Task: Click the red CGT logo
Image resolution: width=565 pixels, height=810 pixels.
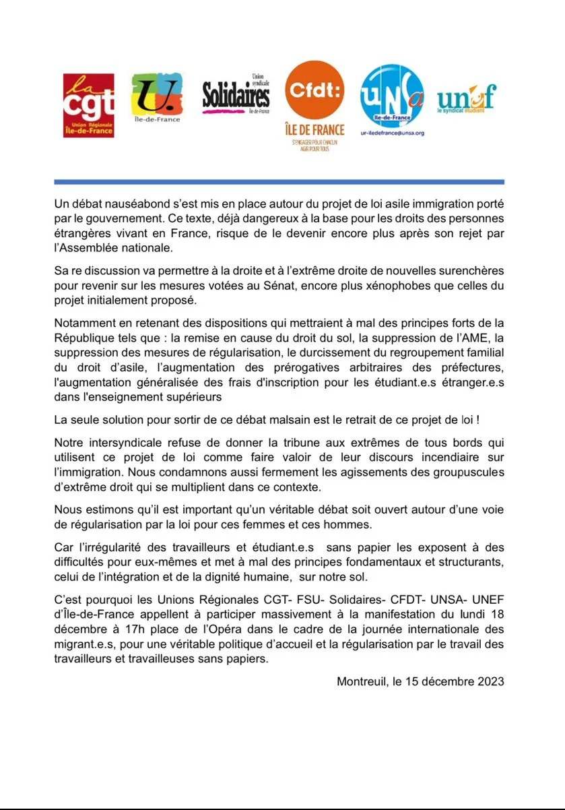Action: [88, 106]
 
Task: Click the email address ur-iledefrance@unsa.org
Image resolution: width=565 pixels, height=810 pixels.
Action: [393, 133]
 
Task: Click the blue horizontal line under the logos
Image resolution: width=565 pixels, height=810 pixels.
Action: [279, 182]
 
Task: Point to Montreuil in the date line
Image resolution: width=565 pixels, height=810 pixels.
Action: [362, 681]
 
